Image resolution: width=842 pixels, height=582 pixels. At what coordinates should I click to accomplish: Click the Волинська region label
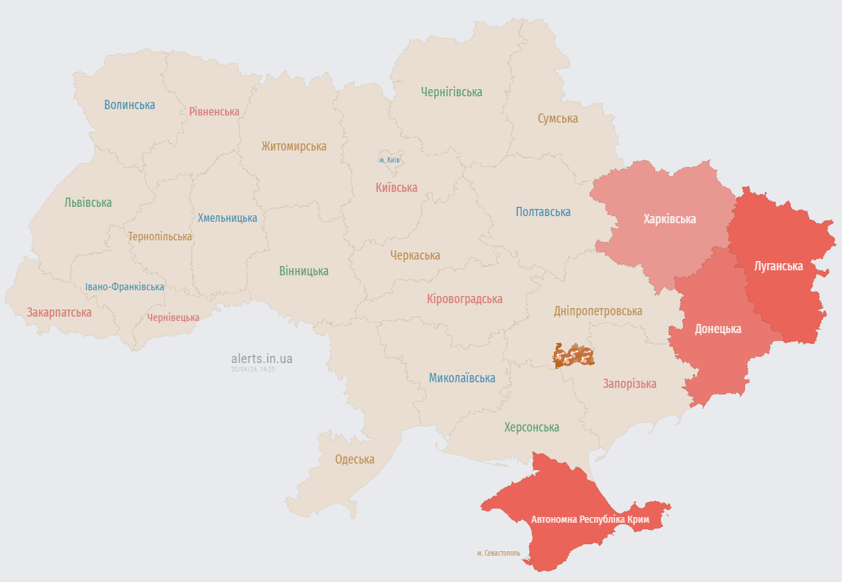pyautogui.click(x=129, y=105)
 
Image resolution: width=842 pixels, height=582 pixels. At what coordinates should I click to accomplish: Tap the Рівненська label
pyautogui.click(x=214, y=111)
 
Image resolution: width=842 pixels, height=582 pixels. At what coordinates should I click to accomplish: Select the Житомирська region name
pyautogui.click(x=294, y=146)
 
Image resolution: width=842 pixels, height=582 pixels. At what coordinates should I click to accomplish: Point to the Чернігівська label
pyautogui.click(x=451, y=92)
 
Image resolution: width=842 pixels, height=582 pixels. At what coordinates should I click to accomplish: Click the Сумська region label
pyautogui.click(x=558, y=118)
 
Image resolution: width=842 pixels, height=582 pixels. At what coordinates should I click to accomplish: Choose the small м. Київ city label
pyautogui.click(x=389, y=160)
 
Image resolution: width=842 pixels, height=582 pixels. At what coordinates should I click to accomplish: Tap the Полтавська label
pyautogui.click(x=543, y=212)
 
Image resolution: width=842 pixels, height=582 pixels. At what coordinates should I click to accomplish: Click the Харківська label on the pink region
pyautogui.click(x=669, y=218)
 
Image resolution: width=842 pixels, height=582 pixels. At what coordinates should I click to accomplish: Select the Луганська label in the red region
pyautogui.click(x=779, y=266)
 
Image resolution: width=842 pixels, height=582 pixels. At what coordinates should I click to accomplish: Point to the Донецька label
pyautogui.click(x=718, y=329)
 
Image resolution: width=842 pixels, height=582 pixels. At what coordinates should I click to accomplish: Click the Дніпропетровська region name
pyautogui.click(x=597, y=311)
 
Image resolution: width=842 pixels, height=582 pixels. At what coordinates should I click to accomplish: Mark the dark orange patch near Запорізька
pyautogui.click(x=573, y=355)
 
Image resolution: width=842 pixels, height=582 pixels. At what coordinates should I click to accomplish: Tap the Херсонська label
pyautogui.click(x=531, y=427)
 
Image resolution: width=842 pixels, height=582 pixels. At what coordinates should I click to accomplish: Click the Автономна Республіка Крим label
pyautogui.click(x=590, y=519)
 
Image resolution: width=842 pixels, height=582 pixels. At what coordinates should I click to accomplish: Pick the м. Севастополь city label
pyautogui.click(x=498, y=553)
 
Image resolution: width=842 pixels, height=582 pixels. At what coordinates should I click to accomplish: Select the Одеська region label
pyautogui.click(x=354, y=459)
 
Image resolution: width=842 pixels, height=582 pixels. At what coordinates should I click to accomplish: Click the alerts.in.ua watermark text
pyautogui.click(x=262, y=359)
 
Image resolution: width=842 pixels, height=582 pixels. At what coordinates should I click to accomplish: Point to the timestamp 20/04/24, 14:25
pyautogui.click(x=252, y=369)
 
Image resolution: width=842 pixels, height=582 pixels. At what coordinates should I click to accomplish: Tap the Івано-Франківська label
pyautogui.click(x=125, y=287)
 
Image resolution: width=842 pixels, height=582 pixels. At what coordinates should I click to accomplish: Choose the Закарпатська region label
pyautogui.click(x=59, y=312)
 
